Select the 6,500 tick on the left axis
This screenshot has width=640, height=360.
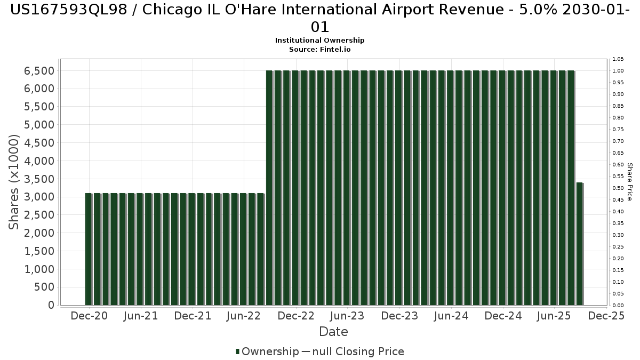(40, 71)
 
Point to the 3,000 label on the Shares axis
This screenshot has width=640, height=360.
(40, 197)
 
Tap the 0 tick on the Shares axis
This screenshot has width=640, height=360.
(51, 305)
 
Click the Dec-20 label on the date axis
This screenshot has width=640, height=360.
(89, 316)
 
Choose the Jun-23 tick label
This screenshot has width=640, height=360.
(347, 316)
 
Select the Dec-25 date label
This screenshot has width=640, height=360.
(606, 316)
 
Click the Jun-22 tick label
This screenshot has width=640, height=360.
(244, 316)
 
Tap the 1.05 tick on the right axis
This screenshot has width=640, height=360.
(618, 59)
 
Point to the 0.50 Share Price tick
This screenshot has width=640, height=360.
(618, 188)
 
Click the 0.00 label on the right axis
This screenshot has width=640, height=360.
(618, 306)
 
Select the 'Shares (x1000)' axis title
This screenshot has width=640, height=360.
(14, 182)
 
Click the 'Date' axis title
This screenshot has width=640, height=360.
(333, 332)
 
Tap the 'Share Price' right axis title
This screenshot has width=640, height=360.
(629, 182)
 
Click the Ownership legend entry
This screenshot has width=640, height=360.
(268, 351)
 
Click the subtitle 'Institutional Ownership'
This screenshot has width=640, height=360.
(320, 41)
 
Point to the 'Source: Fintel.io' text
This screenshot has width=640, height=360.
(320, 49)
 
